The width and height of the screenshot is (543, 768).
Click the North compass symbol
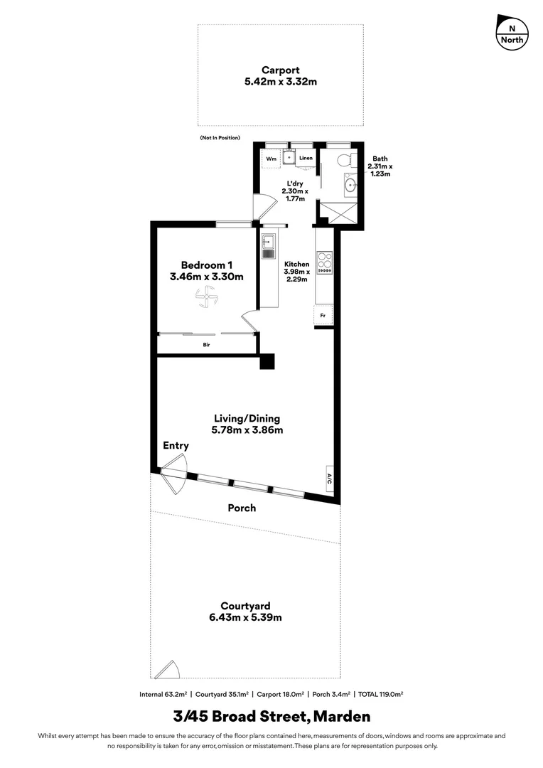512,32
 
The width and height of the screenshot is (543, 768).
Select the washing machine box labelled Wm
270,159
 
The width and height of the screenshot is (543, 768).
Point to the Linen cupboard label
306,158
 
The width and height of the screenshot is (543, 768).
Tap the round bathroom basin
350,186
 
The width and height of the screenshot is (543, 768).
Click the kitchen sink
269,247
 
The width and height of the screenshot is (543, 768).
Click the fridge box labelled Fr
323,315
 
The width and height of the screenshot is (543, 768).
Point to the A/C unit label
330,479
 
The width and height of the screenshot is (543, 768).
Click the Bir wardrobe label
206,345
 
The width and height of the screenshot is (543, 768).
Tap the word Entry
176,446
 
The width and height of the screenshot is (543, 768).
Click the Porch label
242,508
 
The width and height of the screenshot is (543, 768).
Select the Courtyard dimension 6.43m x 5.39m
245,617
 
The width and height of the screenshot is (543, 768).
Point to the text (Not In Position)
220,137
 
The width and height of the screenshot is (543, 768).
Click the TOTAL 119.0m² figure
374,693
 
